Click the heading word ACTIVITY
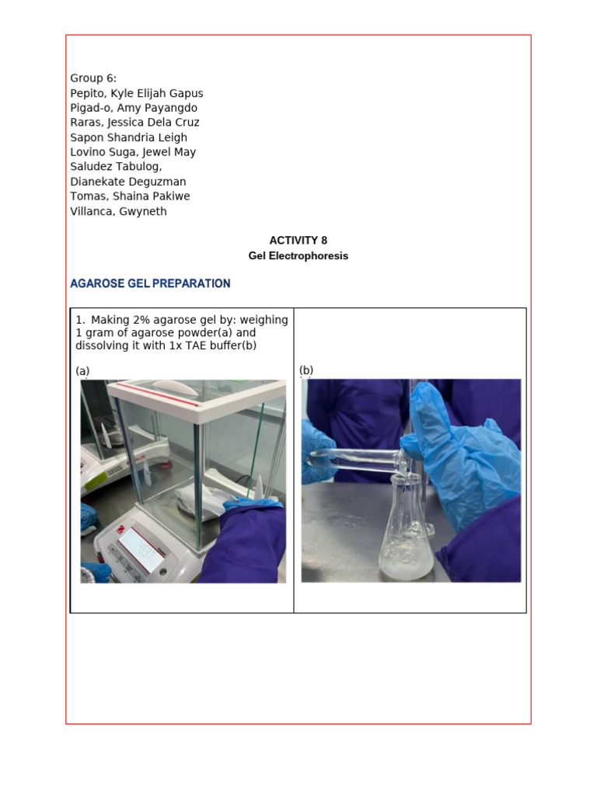pos(288,241)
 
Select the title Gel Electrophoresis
pos(298,256)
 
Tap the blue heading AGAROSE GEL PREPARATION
pos(150,283)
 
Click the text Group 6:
pos(93,78)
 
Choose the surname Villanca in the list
pos(92,211)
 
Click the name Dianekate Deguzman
pos(128,182)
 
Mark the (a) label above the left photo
pos(82,371)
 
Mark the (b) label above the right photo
pos(306,370)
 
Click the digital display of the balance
pos(141,550)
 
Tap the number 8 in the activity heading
pos(313,241)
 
